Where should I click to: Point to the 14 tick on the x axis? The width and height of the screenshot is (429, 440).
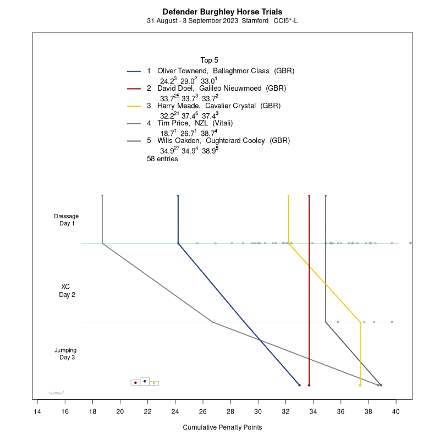[37, 410]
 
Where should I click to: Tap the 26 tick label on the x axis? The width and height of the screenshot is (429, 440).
[203, 410]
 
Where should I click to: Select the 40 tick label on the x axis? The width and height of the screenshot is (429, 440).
[396, 410]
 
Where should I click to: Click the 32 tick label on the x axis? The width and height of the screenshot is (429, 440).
[285, 410]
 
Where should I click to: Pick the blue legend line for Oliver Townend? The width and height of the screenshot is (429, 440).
[134, 71]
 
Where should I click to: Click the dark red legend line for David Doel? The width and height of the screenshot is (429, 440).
[134, 88]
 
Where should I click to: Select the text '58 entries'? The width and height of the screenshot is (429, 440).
[162, 159]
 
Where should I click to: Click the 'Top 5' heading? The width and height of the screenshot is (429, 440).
[210, 60]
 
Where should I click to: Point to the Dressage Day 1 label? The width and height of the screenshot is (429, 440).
[67, 219]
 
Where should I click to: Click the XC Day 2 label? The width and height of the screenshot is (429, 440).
[67, 290]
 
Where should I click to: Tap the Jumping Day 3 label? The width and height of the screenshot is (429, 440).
[66, 354]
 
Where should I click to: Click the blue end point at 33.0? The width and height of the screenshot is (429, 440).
[299, 385]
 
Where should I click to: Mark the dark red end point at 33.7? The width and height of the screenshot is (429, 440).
[309, 385]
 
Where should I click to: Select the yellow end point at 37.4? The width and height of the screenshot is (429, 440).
[360, 385]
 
